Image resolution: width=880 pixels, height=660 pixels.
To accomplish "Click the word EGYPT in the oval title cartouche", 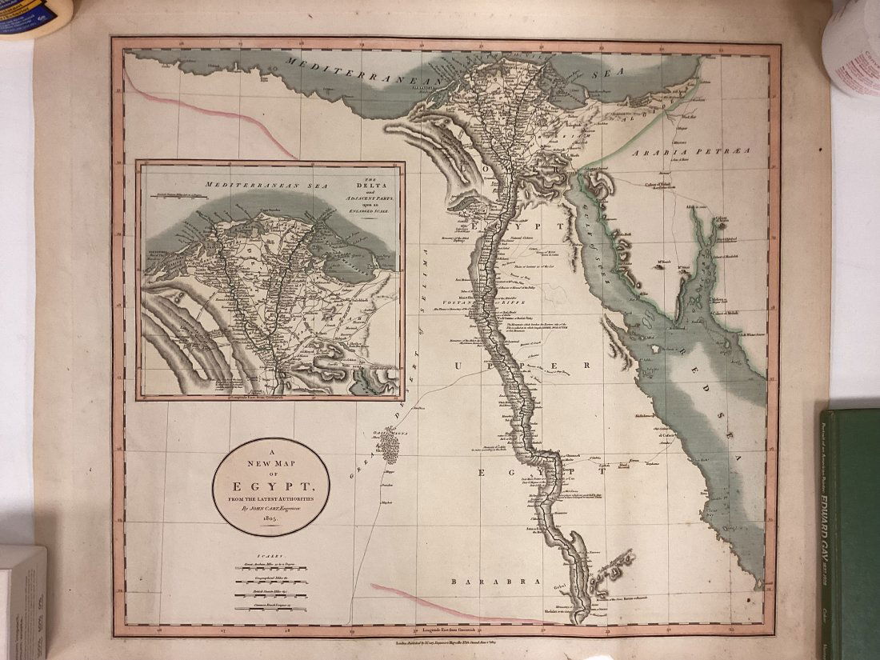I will tap(271, 486).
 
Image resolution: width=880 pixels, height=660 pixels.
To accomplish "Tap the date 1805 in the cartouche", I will tap(270, 518).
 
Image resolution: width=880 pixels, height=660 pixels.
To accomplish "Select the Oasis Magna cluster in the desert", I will tap(390, 445).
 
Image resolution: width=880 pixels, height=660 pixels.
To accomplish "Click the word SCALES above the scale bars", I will tap(270, 554).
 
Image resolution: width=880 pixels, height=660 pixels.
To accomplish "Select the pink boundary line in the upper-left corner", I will tap(208, 112).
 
